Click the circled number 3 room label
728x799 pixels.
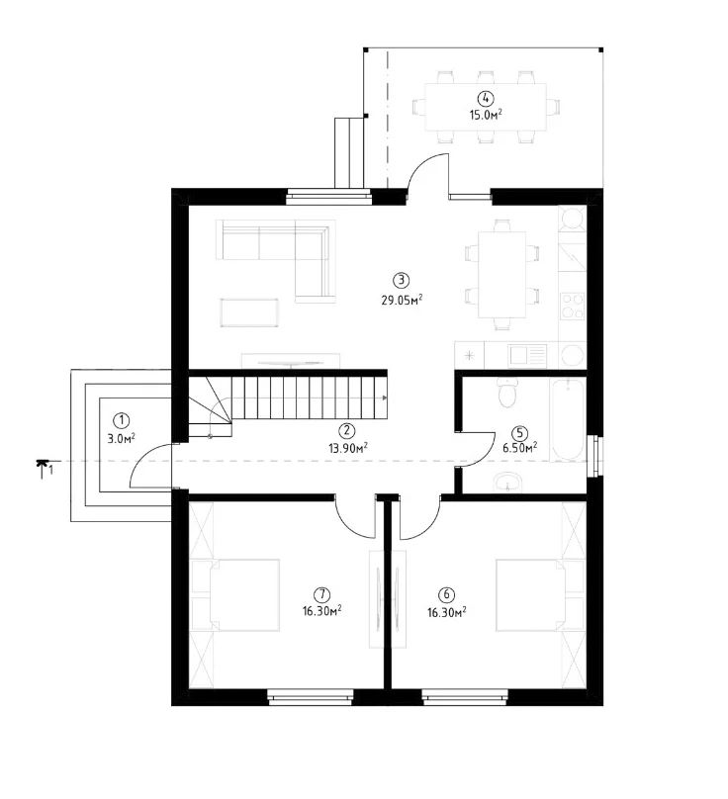click(402, 280)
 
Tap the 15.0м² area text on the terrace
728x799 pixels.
click(486, 114)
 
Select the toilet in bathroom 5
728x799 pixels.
click(507, 393)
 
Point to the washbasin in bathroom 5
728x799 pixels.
click(507, 482)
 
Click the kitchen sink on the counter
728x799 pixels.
click(527, 355)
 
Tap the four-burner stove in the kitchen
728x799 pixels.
click(572, 306)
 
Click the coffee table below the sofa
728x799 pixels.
click(249, 311)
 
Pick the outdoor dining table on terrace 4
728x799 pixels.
click(486, 107)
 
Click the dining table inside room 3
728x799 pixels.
click(502, 274)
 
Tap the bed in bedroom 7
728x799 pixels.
click(244, 595)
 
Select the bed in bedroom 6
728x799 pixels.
click(531, 595)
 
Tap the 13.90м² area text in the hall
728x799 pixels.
click(348, 448)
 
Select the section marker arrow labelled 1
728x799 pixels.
click(44, 466)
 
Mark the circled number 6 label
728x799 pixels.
click(446, 594)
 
